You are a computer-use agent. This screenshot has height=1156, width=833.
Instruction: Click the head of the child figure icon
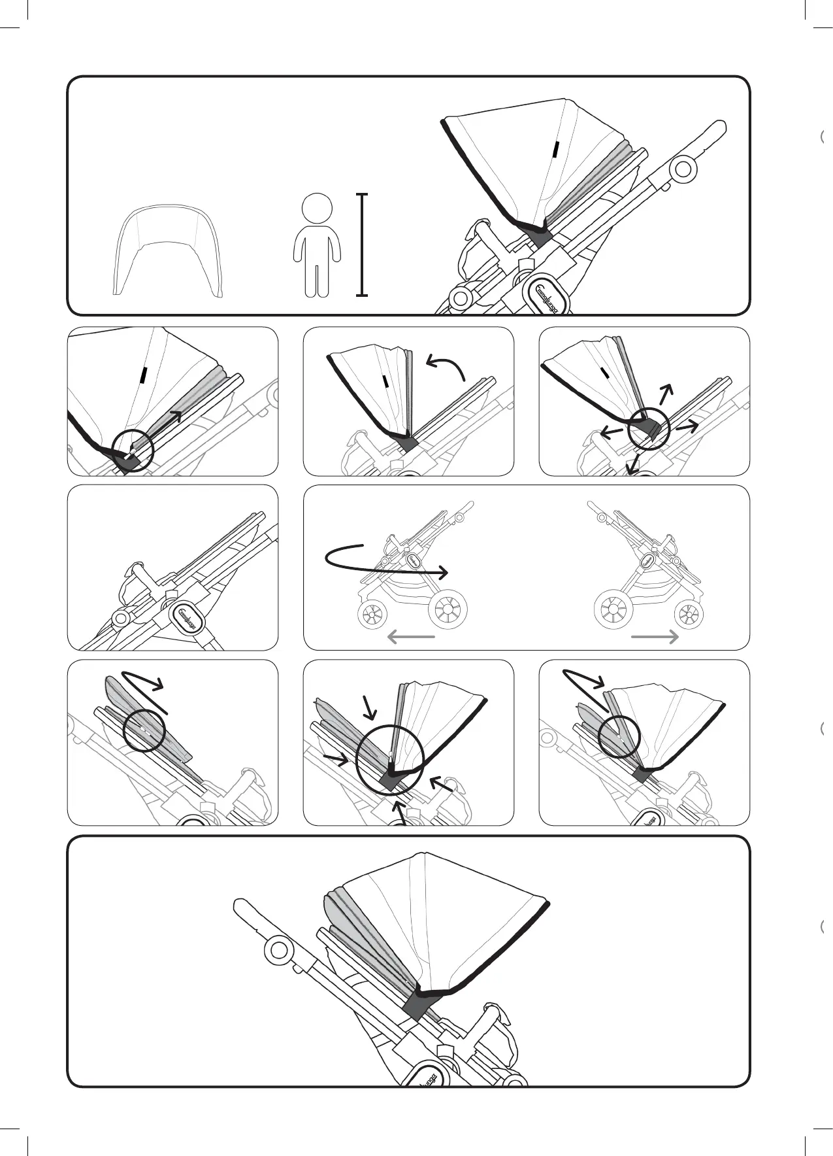click(317, 209)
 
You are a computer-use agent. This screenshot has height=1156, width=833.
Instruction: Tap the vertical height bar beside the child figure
click(363, 245)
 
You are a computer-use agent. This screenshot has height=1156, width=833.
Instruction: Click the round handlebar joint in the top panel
click(683, 169)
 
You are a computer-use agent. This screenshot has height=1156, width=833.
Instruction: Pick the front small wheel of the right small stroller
click(689, 615)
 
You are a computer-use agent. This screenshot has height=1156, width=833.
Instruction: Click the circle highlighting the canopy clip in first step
click(132, 449)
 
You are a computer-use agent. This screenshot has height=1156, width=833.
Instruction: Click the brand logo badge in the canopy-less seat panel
click(188, 615)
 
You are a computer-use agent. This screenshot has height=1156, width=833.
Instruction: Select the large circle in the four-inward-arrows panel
click(391, 758)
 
